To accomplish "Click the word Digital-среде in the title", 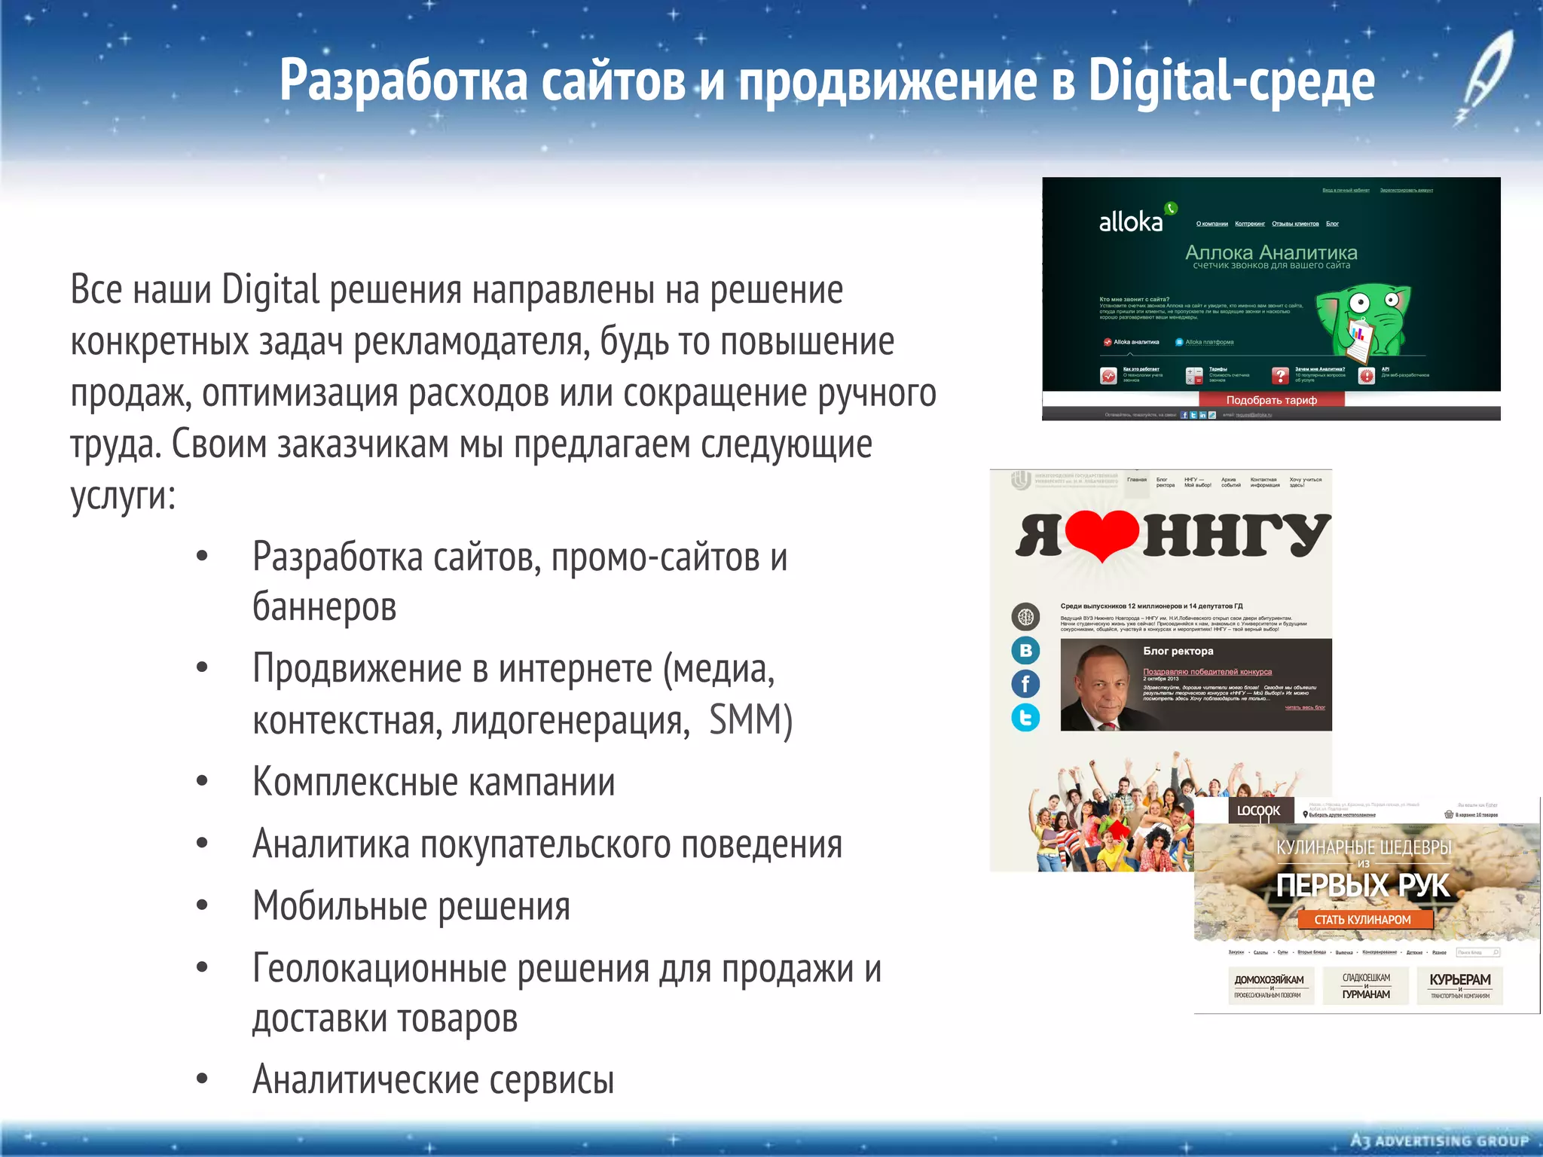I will (x=1231, y=81).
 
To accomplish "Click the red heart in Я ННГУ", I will (x=1101, y=533).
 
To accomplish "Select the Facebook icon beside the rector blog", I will (x=1025, y=684).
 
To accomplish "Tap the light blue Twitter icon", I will (x=1025, y=718).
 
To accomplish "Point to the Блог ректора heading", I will (x=1178, y=652).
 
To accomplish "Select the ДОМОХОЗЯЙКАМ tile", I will (x=1269, y=985).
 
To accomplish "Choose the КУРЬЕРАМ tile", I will (x=1459, y=985).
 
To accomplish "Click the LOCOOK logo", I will (x=1258, y=811).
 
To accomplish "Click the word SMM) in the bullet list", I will (x=750, y=720).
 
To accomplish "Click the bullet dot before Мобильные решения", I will (x=202, y=905).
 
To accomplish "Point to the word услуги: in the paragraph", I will (x=123, y=496).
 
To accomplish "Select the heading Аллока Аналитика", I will (x=1271, y=253).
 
